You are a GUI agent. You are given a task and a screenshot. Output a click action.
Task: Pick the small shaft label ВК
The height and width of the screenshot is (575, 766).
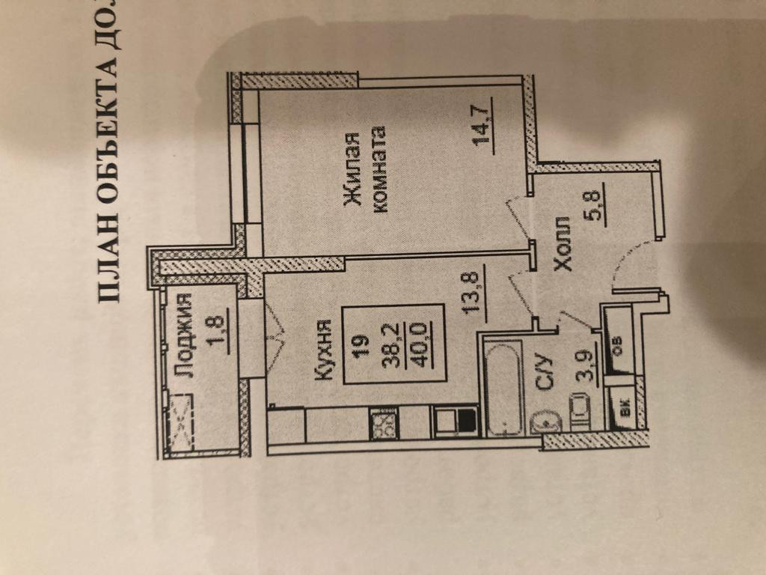click(x=623, y=409)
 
